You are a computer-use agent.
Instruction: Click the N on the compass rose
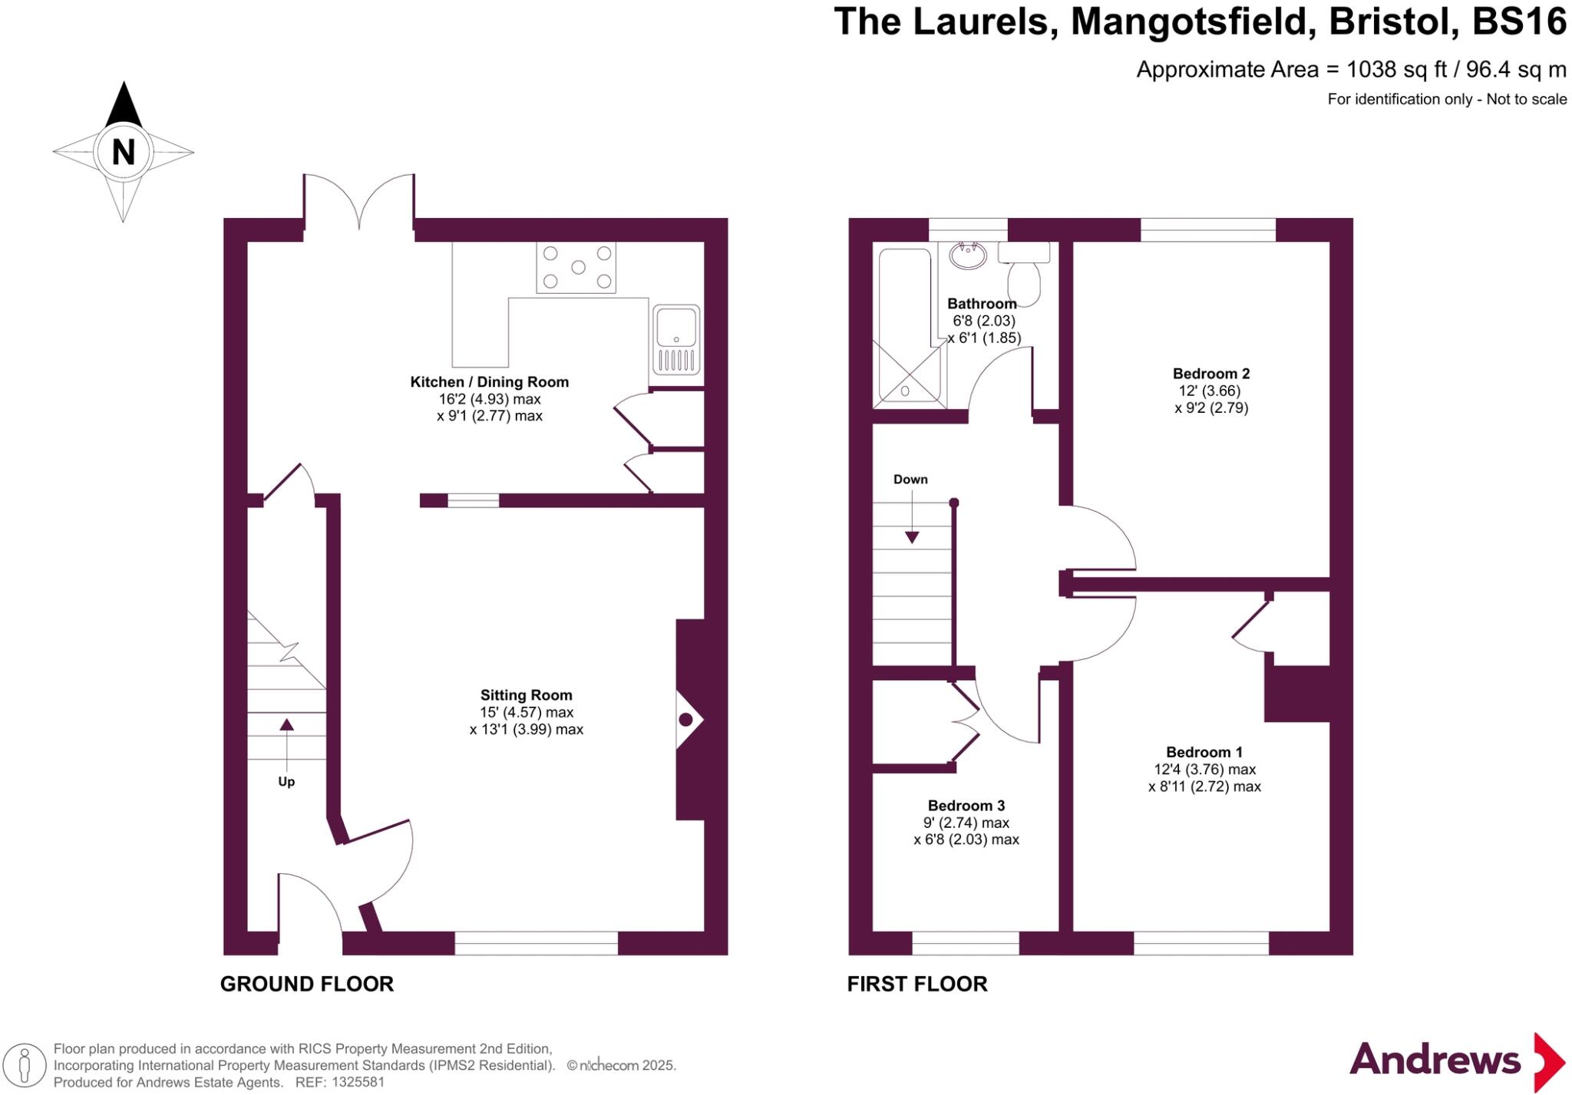pyautogui.click(x=123, y=152)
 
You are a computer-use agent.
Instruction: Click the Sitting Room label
pyautogui.click(x=526, y=695)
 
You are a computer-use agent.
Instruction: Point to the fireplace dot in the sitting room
pyautogui.click(x=685, y=719)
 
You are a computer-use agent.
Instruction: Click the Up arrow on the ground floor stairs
pyautogui.click(x=286, y=724)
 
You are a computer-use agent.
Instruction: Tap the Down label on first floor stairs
pyautogui.click(x=910, y=480)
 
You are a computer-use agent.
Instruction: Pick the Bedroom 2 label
pyautogui.click(x=1210, y=374)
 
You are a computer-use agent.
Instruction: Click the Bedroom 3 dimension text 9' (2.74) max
pyautogui.click(x=966, y=823)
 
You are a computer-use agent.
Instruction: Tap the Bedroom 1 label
pyautogui.click(x=1204, y=752)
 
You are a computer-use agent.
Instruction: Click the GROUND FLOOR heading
pyautogui.click(x=306, y=984)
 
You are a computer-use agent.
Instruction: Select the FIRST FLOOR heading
pyautogui.click(x=916, y=984)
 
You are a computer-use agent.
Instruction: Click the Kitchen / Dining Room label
pyautogui.click(x=489, y=382)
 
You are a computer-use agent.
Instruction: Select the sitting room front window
pyautogui.click(x=536, y=943)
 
